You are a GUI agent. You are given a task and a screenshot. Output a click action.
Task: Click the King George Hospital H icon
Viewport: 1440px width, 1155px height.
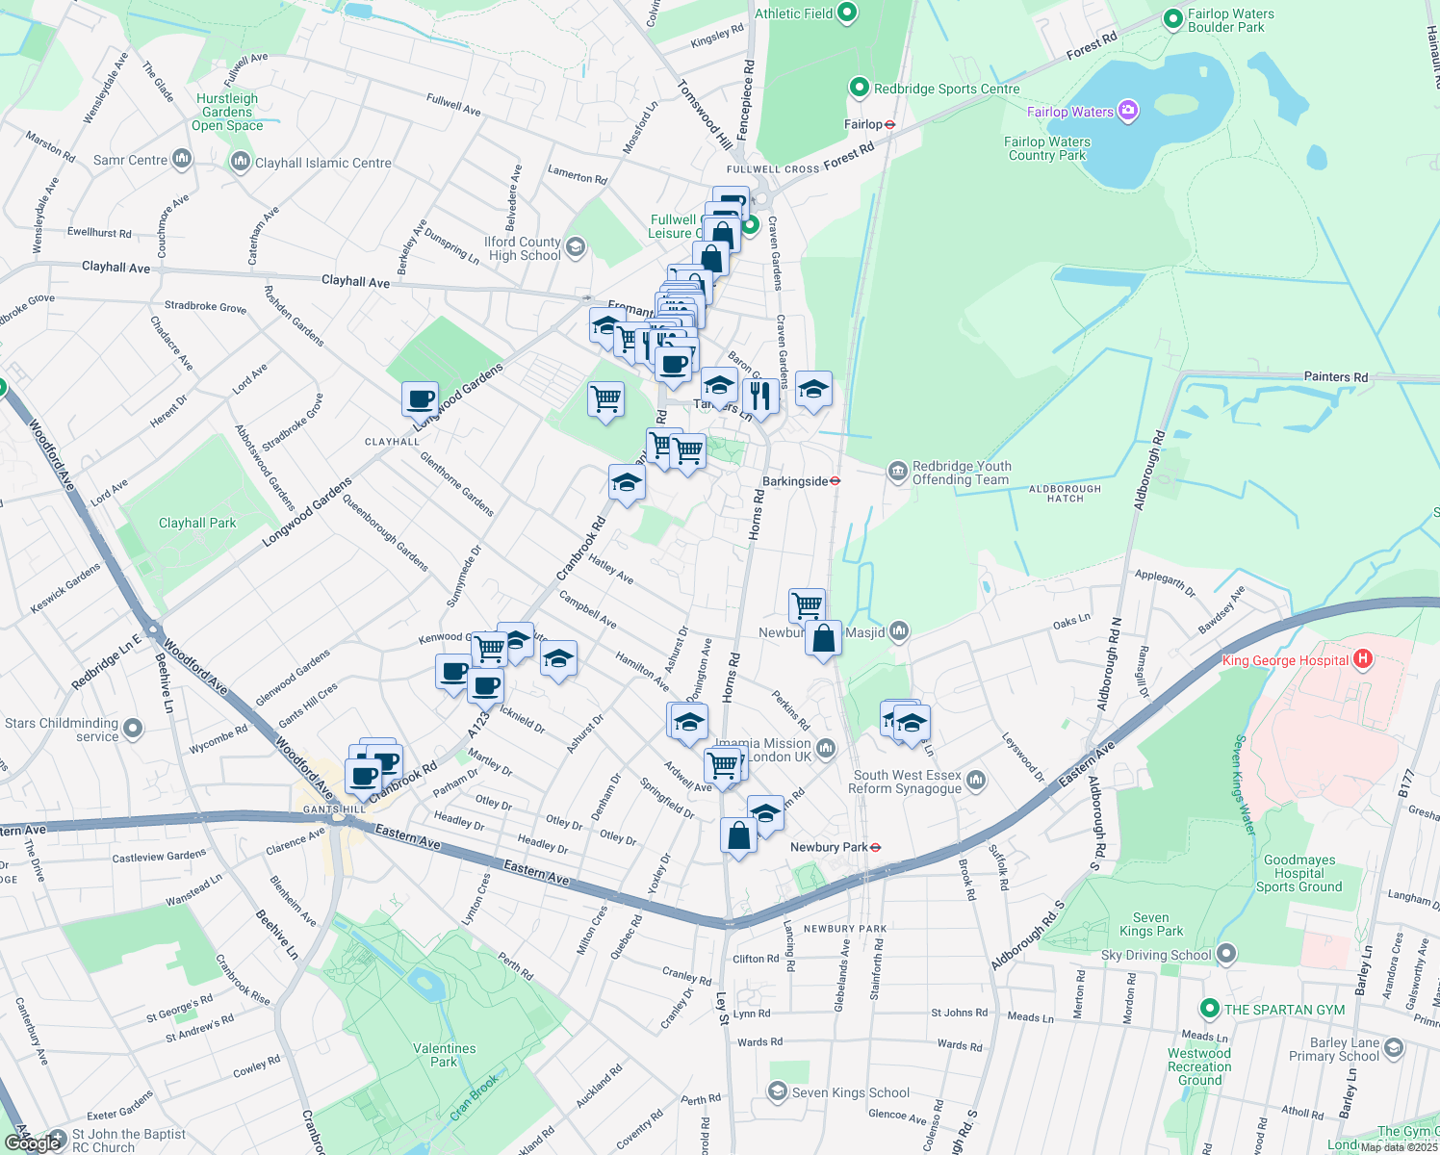pyautogui.click(x=1362, y=659)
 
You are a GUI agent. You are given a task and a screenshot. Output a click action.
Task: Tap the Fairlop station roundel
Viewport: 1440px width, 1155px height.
pyautogui.click(x=890, y=124)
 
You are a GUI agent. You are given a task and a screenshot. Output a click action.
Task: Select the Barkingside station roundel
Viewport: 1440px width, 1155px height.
pyautogui.click(x=836, y=481)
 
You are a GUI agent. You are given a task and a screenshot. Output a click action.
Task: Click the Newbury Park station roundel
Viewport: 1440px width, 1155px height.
pyautogui.click(x=875, y=847)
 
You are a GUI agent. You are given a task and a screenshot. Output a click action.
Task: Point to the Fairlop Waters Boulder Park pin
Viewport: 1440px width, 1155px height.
pyautogui.click(x=1172, y=19)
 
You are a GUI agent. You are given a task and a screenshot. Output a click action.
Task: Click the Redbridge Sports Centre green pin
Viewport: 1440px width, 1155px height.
pyautogui.click(x=859, y=88)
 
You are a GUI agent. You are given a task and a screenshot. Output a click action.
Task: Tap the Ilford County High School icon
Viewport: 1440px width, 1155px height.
pyautogui.click(x=576, y=248)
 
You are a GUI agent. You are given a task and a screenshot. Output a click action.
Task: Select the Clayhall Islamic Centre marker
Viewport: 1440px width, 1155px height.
pyautogui.click(x=240, y=162)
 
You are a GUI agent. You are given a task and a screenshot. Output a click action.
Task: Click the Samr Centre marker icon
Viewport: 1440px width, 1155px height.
pyautogui.click(x=182, y=160)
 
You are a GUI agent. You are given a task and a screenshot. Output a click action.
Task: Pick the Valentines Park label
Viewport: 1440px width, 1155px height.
pyautogui.click(x=444, y=1055)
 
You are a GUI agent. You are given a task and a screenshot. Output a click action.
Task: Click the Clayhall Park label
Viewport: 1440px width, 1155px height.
pyautogui.click(x=197, y=523)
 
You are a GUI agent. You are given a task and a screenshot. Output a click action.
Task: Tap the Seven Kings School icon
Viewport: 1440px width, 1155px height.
pyautogui.click(x=777, y=1091)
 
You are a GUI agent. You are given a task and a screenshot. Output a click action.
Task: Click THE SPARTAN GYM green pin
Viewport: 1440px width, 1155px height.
pyautogui.click(x=1210, y=1009)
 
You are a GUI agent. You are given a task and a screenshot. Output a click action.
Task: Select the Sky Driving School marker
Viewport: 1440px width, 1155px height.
pyautogui.click(x=1225, y=955)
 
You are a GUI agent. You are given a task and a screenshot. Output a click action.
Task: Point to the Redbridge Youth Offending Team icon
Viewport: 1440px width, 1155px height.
pyautogui.click(x=897, y=472)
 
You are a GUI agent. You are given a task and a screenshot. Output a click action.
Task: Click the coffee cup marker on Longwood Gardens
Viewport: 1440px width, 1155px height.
pyautogui.click(x=421, y=398)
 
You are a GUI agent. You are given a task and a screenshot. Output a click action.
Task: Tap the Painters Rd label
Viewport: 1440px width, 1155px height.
pyautogui.click(x=1335, y=377)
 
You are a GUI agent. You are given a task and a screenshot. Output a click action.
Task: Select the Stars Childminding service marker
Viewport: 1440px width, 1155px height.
pyautogui.click(x=133, y=730)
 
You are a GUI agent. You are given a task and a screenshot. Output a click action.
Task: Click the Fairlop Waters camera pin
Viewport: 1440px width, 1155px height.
pyautogui.click(x=1128, y=111)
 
